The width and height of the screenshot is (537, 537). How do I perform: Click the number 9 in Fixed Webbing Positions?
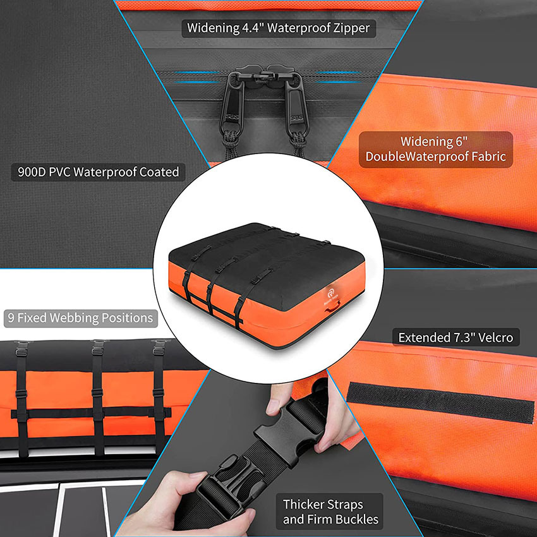(x=11, y=317)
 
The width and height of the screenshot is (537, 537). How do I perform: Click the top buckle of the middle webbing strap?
(x=97, y=347)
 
